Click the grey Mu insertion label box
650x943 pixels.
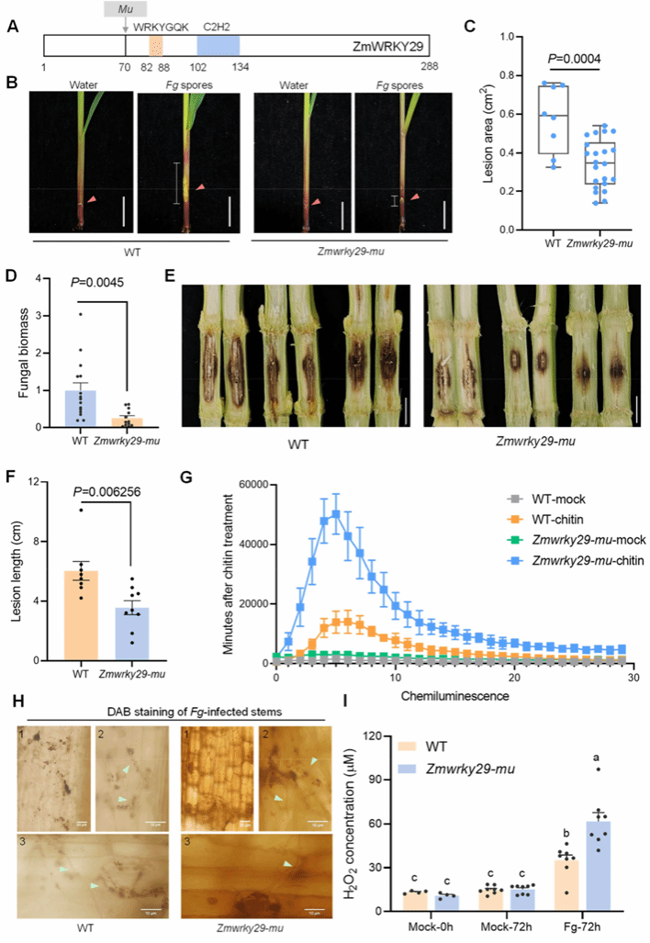pos(125,8)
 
